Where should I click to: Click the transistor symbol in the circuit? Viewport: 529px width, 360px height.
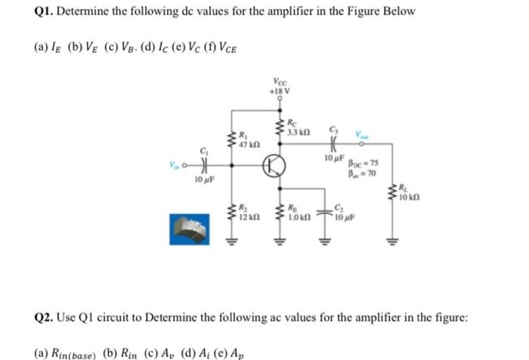click(274, 167)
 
